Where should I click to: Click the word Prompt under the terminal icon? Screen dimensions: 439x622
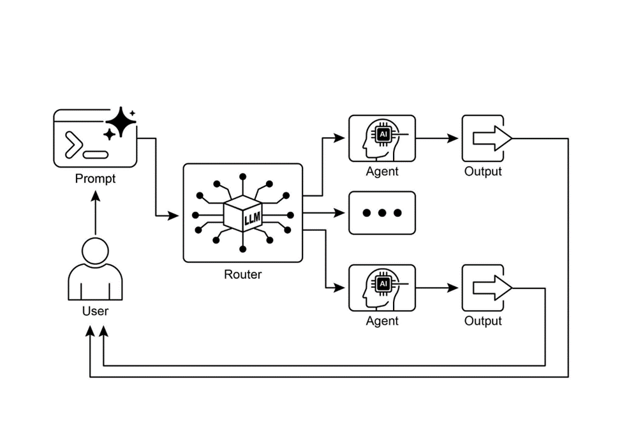coord(95,179)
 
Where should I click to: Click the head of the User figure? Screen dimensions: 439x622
coord(95,250)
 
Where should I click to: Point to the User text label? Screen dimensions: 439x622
coord(95,311)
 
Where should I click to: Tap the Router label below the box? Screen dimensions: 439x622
coord(242,275)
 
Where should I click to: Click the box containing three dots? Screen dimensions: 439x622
coord(381,213)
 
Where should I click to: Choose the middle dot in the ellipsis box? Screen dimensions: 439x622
coord(381,213)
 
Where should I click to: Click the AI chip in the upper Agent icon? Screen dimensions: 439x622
coord(383,135)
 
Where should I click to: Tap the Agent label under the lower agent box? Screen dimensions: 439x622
coord(382,321)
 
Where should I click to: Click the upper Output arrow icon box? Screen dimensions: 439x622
coord(483,138)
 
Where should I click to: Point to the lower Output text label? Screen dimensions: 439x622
coord(483,321)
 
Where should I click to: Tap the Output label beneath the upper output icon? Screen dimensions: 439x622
coord(483,172)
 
